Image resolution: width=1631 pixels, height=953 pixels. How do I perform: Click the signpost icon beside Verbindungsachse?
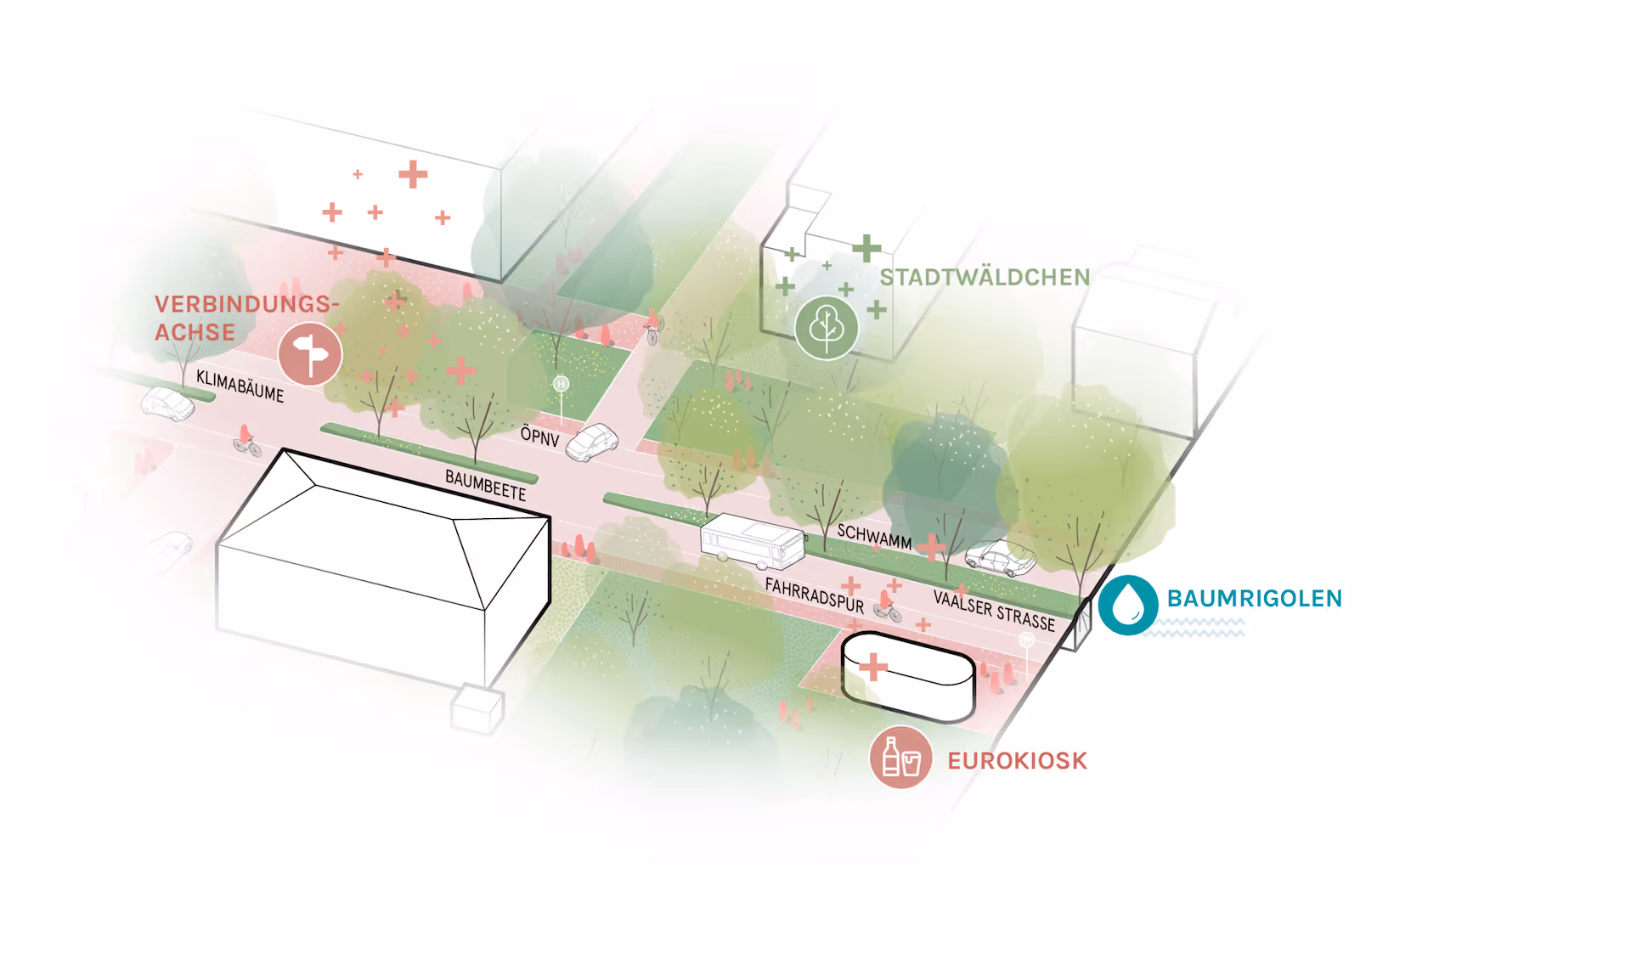pyautogui.click(x=310, y=354)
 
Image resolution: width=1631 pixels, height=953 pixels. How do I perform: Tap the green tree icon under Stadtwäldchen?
pyautogui.click(x=826, y=327)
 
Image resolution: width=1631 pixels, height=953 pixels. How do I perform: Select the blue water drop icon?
pyautogui.click(x=1128, y=604)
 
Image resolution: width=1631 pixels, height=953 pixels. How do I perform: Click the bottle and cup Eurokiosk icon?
pyautogui.click(x=900, y=757)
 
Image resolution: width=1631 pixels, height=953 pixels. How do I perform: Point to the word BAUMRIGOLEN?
pyautogui.click(x=1254, y=598)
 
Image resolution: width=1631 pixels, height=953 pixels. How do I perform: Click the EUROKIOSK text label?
pyautogui.click(x=1017, y=760)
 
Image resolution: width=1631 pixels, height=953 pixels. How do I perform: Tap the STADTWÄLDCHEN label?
pyautogui.click(x=984, y=277)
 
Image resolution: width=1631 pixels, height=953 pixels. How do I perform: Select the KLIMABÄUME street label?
pyautogui.click(x=240, y=386)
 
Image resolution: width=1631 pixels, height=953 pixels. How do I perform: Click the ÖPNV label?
pyautogui.click(x=539, y=437)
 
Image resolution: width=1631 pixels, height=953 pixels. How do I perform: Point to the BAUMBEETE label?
pyautogui.click(x=485, y=485)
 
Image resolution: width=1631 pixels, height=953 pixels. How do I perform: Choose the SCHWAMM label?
pyautogui.click(x=873, y=537)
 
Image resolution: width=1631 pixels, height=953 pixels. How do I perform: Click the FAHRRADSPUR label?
pyautogui.click(x=814, y=595)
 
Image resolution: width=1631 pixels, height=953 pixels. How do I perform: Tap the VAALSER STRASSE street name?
pyautogui.click(x=993, y=610)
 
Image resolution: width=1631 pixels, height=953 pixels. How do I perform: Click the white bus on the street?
pyautogui.click(x=752, y=541)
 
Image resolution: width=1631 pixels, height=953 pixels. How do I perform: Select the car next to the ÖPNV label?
pyautogui.click(x=592, y=443)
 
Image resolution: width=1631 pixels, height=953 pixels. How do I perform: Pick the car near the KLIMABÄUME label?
pyautogui.click(x=167, y=403)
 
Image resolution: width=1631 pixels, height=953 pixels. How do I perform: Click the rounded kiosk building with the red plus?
pyautogui.click(x=907, y=675)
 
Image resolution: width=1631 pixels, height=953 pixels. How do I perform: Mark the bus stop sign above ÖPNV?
pyautogui.click(x=561, y=385)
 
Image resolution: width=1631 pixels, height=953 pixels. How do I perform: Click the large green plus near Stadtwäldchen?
pyautogui.click(x=866, y=248)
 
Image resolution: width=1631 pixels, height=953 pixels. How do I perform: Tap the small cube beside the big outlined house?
pyautogui.click(x=477, y=708)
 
